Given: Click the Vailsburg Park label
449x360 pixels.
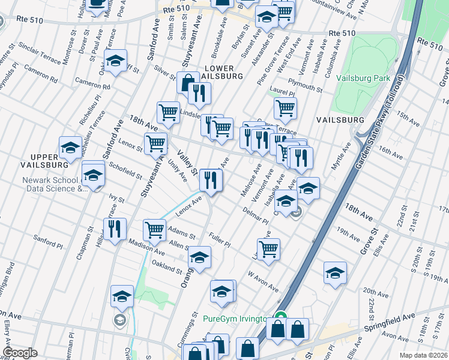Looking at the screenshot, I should click(x=364, y=78).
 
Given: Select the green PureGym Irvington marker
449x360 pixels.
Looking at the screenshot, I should click(x=280, y=318).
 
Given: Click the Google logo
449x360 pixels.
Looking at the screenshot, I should click(x=19, y=353).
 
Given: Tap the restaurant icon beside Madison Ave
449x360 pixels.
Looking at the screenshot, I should click(x=114, y=229).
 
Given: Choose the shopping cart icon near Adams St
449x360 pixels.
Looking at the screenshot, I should click(x=155, y=230).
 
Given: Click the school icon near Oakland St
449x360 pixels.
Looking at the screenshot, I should click(x=199, y=257).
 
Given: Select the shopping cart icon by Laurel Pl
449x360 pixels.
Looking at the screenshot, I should click(x=285, y=108).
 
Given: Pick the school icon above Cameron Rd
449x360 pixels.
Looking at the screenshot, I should click(x=115, y=60).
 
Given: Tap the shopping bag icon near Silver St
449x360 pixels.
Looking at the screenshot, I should click(x=188, y=83).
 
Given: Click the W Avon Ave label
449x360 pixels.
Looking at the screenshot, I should click(x=264, y=280).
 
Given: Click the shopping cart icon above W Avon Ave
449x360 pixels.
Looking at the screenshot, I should click(x=268, y=248).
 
